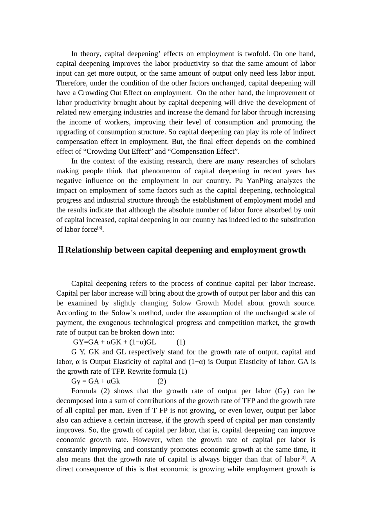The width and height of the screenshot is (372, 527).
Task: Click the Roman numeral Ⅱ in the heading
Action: pos(60,250)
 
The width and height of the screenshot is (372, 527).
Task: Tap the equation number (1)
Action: pos(181,342)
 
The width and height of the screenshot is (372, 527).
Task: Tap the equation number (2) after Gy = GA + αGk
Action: pos(162,381)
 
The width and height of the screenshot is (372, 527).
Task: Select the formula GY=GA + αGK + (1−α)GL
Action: pos(114,342)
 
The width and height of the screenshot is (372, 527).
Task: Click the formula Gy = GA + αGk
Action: pos(96,381)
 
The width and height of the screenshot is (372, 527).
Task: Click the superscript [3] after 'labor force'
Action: pos(99,228)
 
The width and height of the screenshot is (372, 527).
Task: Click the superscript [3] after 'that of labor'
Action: pos(303,458)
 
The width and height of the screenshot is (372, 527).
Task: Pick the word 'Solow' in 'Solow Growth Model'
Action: pos(182,303)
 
